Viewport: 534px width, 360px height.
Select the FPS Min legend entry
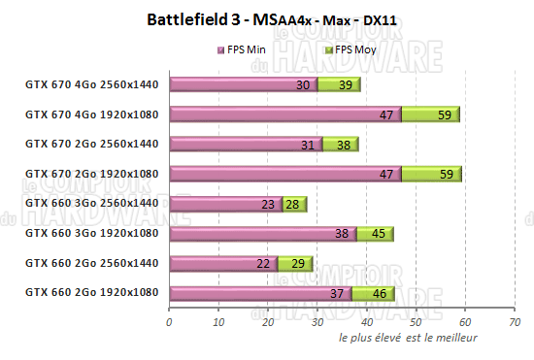click(248, 49)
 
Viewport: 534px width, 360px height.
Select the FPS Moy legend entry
click(355, 49)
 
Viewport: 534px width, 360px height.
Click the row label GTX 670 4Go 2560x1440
click(91, 84)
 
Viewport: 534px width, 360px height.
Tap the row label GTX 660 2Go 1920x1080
click(91, 292)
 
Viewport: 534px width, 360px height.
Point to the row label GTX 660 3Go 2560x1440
click(91, 203)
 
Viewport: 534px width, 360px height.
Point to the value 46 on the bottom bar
click(378, 293)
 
